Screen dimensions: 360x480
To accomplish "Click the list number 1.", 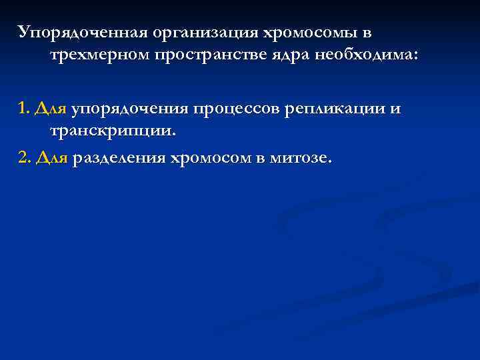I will [x=23, y=107].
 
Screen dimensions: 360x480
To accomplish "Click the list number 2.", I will [x=24, y=159].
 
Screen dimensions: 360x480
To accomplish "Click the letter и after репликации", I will [x=396, y=109].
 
